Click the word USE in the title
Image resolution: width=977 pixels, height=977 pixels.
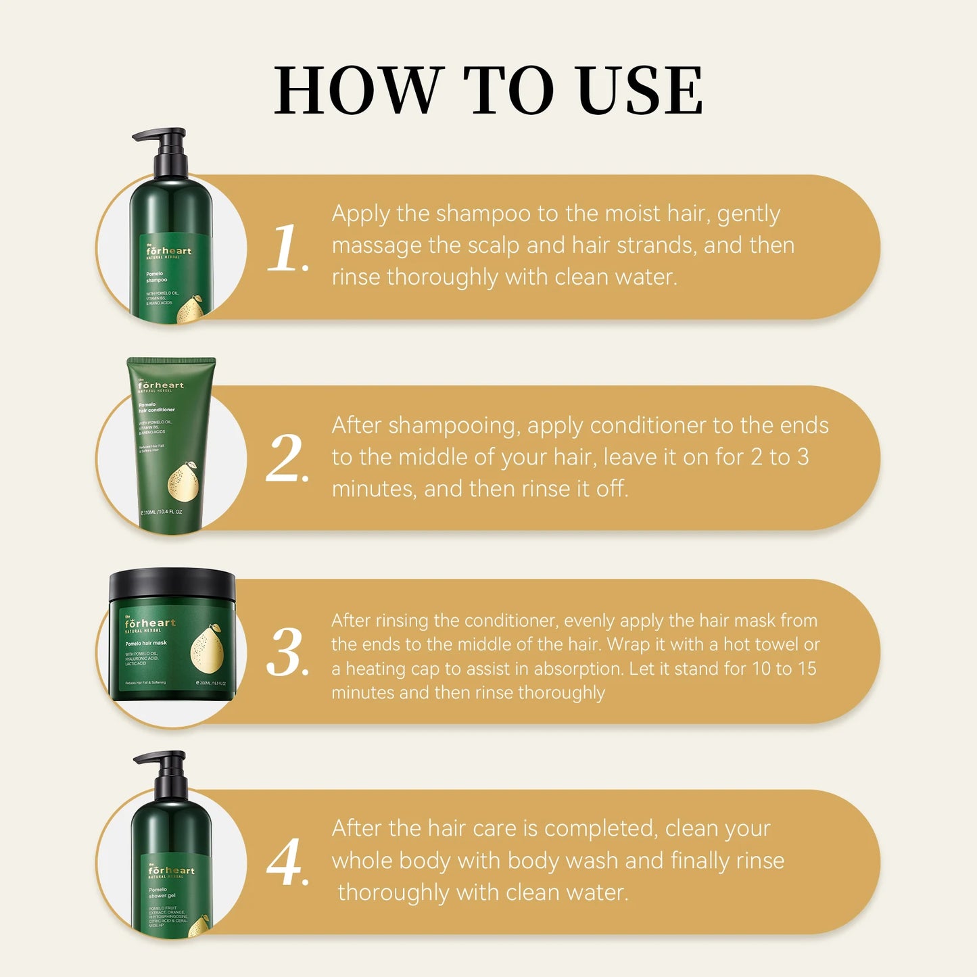click(x=640, y=91)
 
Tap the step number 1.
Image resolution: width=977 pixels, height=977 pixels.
click(x=287, y=249)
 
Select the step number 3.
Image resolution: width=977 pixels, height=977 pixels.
click(x=287, y=653)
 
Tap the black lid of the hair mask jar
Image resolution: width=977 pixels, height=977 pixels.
click(x=172, y=586)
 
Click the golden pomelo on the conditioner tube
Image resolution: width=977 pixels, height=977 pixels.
click(x=182, y=484)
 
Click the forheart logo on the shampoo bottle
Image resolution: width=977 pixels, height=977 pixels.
click(x=169, y=251)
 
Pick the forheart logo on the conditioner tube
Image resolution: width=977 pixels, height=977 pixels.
click(x=161, y=385)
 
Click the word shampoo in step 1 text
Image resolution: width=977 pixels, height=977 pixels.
click(x=483, y=214)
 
